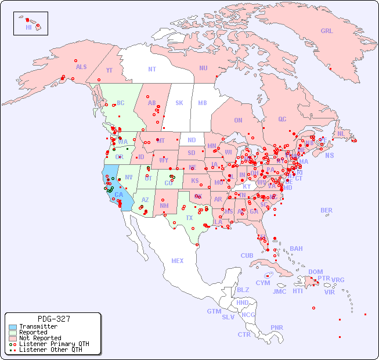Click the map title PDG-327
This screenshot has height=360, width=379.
point(53,319)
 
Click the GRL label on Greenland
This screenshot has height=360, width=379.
point(327,31)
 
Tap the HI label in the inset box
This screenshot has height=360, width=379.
point(28,27)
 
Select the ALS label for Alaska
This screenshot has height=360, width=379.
point(81,67)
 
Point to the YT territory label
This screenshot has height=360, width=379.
point(109,70)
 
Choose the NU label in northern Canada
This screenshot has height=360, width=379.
point(203,68)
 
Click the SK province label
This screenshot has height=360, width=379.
point(179,103)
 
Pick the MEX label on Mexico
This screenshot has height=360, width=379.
point(178,261)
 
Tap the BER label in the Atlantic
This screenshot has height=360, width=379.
point(326,210)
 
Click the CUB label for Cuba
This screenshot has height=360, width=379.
point(247,255)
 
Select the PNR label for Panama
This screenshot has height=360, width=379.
point(277,327)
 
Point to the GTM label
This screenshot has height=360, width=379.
point(214,311)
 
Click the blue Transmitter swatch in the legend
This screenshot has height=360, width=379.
point(12,327)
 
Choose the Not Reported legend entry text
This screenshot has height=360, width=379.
point(40,338)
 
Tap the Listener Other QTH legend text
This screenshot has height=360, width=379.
point(50,350)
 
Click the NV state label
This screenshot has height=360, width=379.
point(129,177)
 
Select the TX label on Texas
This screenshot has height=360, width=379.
point(189,218)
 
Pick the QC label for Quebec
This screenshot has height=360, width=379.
point(282,119)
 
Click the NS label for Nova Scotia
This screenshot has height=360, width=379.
point(329,155)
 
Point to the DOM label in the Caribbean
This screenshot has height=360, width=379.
point(315,272)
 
